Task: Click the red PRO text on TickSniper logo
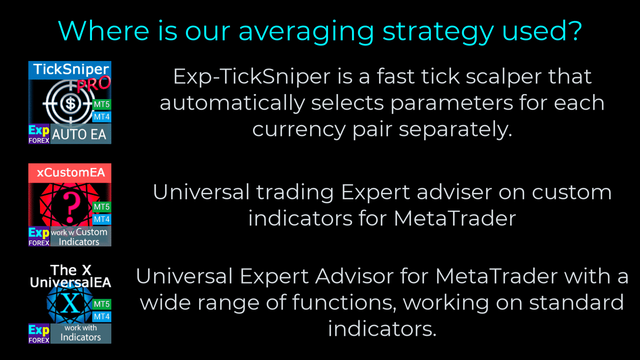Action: click(x=94, y=84)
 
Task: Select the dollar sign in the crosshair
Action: click(x=71, y=104)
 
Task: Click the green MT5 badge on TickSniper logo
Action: click(x=102, y=104)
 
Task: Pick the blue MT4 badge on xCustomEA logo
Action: click(x=102, y=219)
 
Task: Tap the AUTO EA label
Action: click(x=79, y=135)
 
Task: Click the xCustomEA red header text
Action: click(x=71, y=173)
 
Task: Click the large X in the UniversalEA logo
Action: click(x=70, y=303)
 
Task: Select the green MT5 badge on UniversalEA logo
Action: click(x=102, y=304)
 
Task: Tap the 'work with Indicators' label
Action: click(x=81, y=333)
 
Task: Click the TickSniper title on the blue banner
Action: click(x=71, y=70)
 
